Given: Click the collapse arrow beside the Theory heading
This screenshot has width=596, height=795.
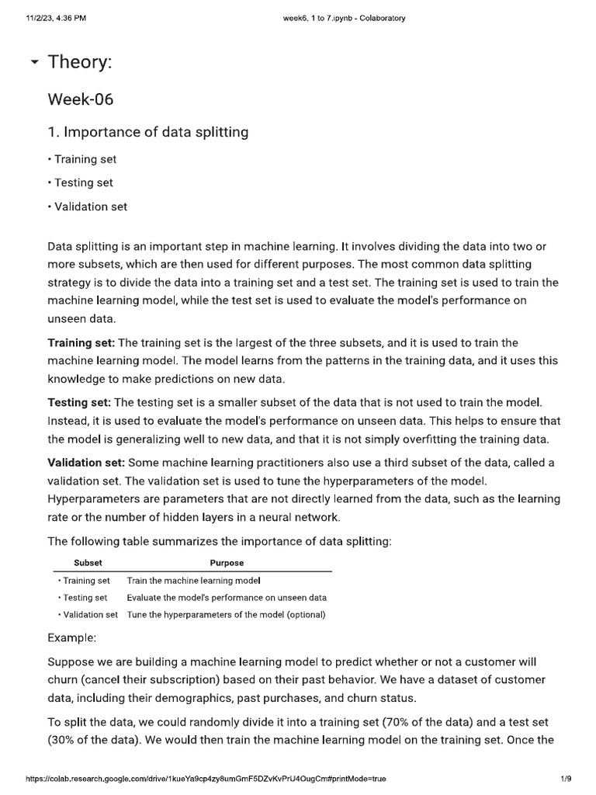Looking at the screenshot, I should point(34,62).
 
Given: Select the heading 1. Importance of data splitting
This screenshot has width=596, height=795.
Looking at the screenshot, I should point(148,132).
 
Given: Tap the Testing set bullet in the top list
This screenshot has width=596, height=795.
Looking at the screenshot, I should point(82,183).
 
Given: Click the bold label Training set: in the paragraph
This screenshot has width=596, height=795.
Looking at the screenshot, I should point(81,342).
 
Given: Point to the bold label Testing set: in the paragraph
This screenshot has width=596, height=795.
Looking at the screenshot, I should point(79,402).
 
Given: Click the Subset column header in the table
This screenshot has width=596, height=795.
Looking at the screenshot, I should point(88,563).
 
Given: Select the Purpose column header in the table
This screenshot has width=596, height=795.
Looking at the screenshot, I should point(227,563).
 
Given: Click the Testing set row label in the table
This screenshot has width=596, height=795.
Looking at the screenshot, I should point(84,598).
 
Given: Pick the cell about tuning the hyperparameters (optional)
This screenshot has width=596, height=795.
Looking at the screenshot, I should point(226,615).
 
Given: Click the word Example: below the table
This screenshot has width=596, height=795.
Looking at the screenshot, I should point(72,637).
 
